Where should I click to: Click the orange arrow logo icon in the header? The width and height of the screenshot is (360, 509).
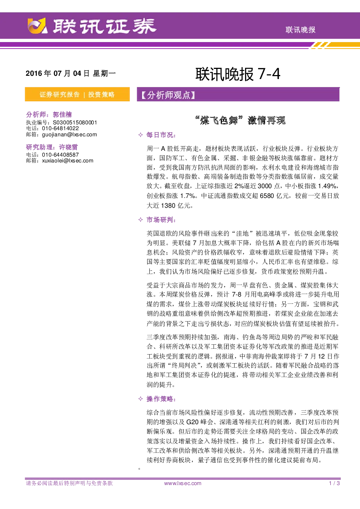pyautogui.click(x=37, y=26)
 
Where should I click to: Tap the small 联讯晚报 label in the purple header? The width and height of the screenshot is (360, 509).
pyautogui.click(x=300, y=30)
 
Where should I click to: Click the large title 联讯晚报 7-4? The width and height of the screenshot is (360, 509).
pyautogui.click(x=238, y=74)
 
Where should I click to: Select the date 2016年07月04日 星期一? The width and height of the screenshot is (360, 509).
pyautogui.click(x=71, y=73)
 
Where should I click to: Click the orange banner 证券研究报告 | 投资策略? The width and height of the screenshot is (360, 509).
pyautogui.click(x=77, y=94)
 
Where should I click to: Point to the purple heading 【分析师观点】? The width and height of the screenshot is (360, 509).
pyautogui.click(x=168, y=95)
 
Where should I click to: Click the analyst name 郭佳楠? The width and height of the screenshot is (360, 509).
pyautogui.click(x=62, y=115)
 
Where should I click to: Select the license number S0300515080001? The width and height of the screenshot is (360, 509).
pyautogui.click(x=75, y=123)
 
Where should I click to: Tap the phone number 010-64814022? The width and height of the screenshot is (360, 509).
pyautogui.click(x=61, y=128)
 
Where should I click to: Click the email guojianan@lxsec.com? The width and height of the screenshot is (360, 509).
pyautogui.click(x=70, y=135)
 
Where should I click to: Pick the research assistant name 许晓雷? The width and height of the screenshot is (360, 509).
pyautogui.click(x=69, y=147)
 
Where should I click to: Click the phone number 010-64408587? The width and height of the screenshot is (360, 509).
pyautogui.click(x=61, y=155)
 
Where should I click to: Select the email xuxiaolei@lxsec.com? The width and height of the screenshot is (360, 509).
pyautogui.click(x=68, y=161)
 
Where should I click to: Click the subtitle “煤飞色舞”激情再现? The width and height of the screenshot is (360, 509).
pyautogui.click(x=240, y=120)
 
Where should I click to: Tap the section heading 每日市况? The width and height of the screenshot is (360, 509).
pyautogui.click(x=161, y=135)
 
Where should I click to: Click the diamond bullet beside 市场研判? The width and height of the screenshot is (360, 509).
pyautogui.click(x=140, y=220)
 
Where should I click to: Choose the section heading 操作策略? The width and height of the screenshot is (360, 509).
pyautogui.click(x=161, y=399)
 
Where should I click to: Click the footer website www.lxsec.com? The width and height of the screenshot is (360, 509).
pyautogui.click(x=183, y=483)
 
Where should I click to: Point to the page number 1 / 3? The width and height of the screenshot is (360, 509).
pyautogui.click(x=334, y=483)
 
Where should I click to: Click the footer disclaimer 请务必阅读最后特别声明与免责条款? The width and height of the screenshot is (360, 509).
pyautogui.click(x=69, y=483)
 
